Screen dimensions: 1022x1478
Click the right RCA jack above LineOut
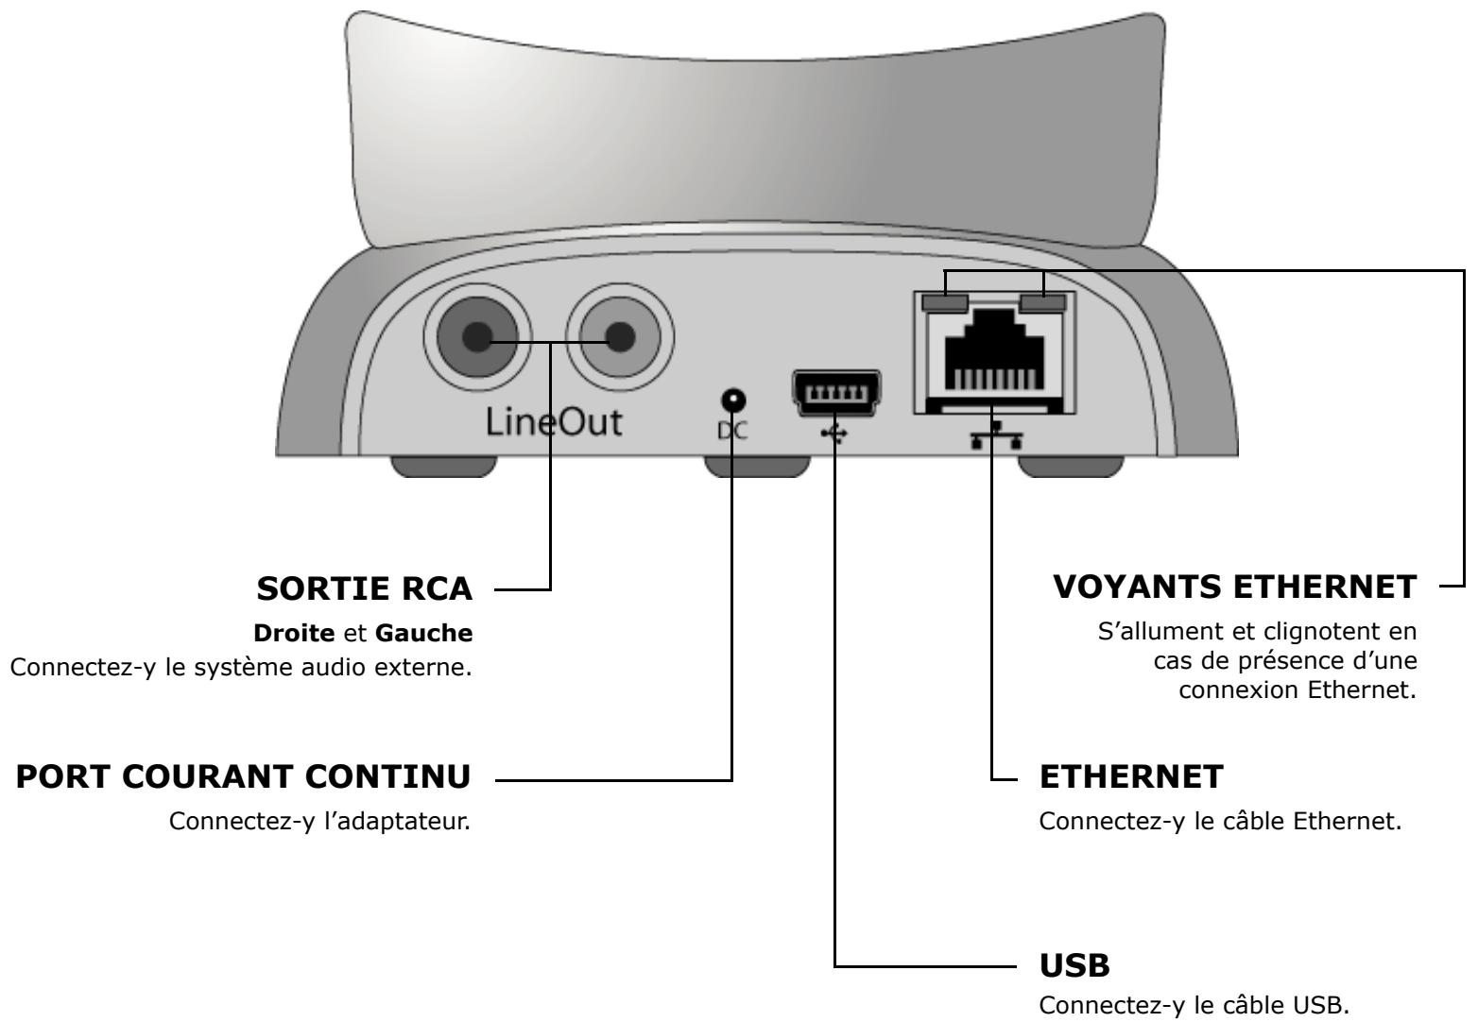(620, 335)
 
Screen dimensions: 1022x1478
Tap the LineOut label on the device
(554, 422)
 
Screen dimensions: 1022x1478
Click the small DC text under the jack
(733, 430)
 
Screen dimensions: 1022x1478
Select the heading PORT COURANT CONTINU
(244, 778)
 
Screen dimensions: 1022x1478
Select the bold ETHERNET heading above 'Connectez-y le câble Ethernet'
(1131, 778)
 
